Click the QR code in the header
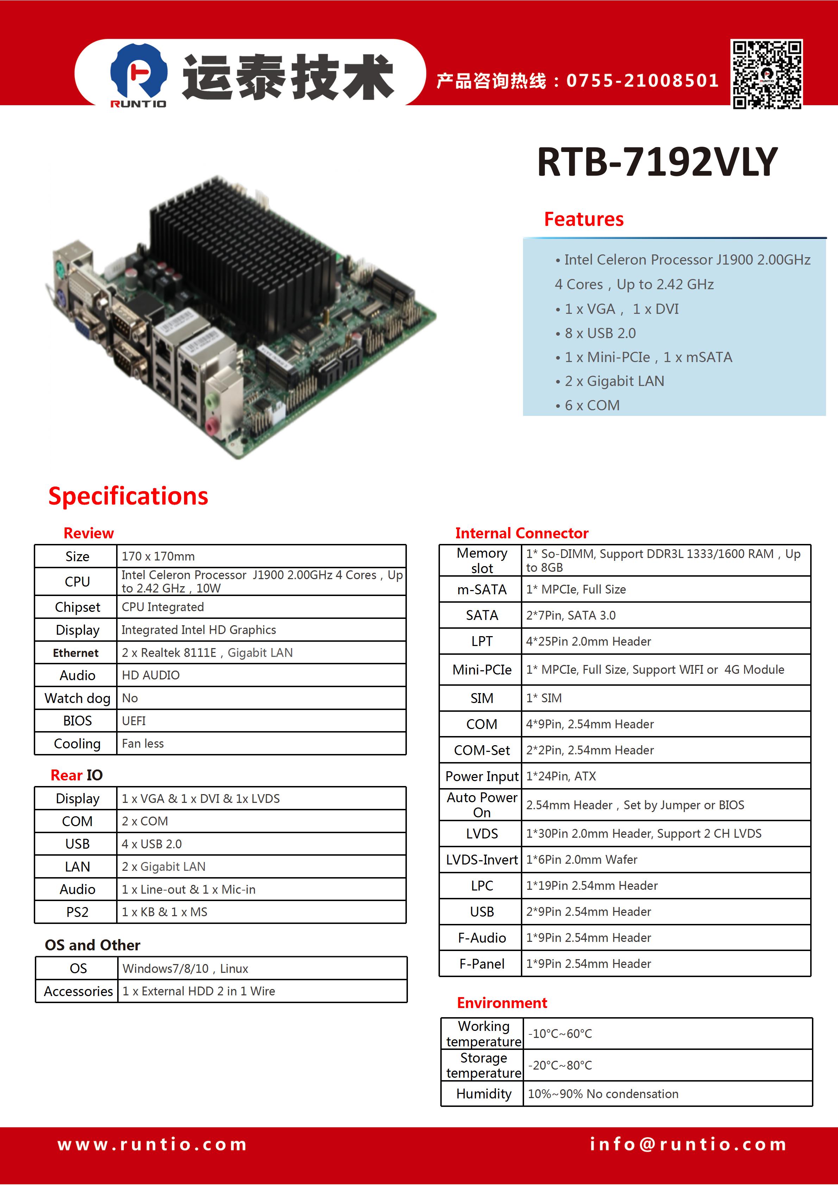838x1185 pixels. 767,74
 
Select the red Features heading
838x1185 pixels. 584,219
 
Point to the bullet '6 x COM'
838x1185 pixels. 587,406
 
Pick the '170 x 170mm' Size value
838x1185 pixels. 158,556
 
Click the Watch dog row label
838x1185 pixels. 77,698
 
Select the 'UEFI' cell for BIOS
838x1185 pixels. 134,721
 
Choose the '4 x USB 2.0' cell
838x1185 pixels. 152,844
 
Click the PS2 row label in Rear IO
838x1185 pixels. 77,912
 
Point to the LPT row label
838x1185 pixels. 482,641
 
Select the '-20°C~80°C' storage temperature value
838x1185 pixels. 560,1065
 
